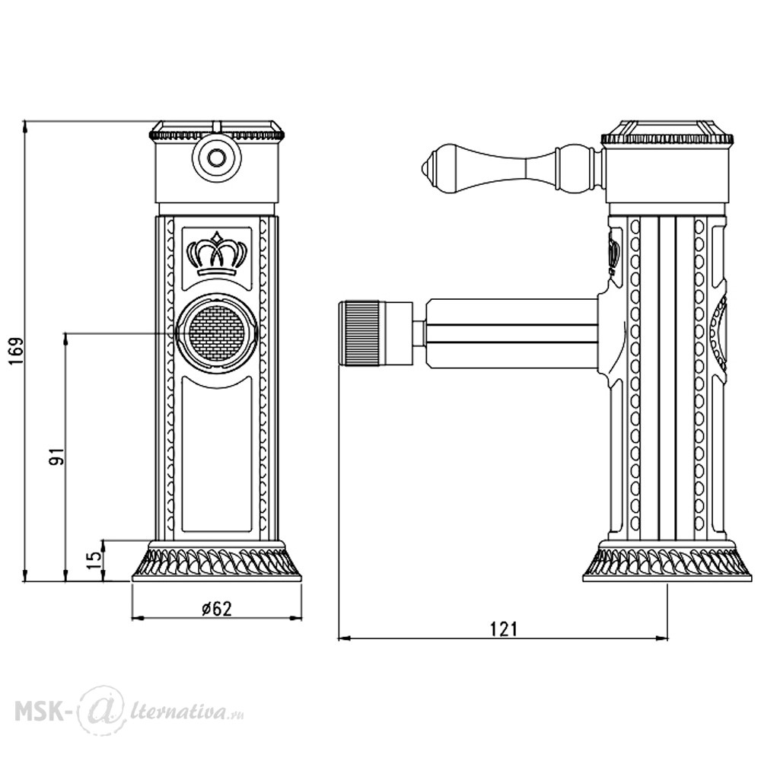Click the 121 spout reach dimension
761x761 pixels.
coord(502,629)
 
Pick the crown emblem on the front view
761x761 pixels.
coord(218,254)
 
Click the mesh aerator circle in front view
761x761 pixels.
coord(217,333)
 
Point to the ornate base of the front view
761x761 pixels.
coord(217,563)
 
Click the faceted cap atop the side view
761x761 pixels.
coord(667,129)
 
